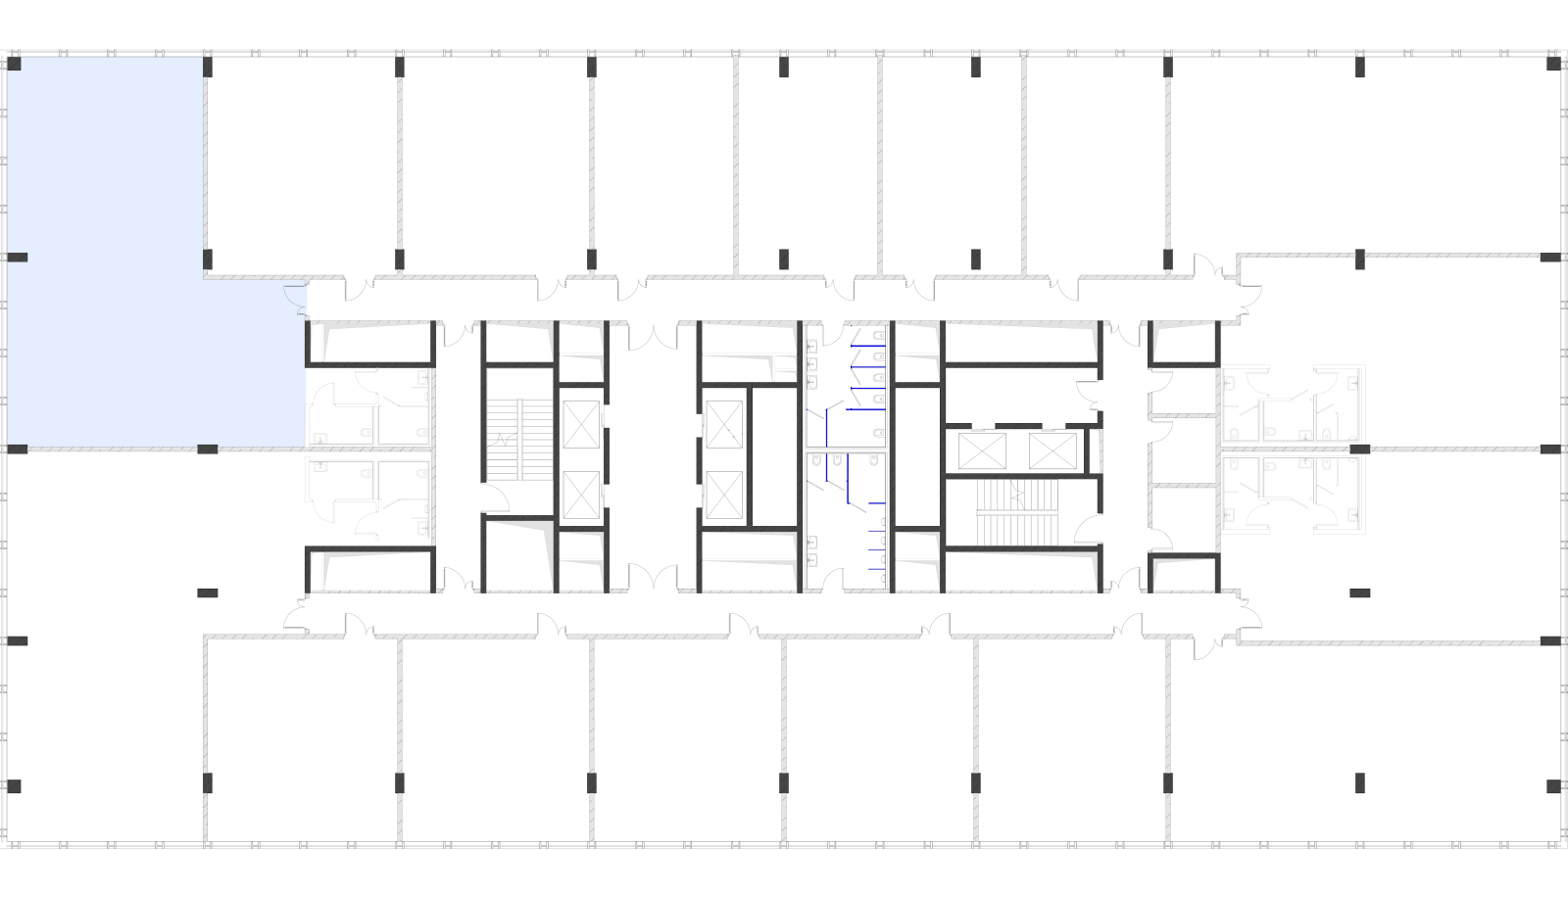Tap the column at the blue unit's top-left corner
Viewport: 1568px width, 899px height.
tap(15, 64)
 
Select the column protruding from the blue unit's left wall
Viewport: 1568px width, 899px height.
tap(19, 258)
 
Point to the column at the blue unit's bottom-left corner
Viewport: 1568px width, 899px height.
tap(18, 449)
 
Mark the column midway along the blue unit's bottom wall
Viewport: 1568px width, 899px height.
tap(208, 449)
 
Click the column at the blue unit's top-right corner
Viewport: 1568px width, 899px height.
tap(208, 67)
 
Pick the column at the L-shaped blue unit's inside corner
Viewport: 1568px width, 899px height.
tap(208, 260)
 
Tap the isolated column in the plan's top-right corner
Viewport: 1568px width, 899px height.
tap(1553, 64)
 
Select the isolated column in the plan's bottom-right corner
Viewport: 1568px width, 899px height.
tap(1553, 786)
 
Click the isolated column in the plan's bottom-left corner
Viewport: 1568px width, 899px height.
tap(15, 786)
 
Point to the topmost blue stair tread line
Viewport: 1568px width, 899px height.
tap(867, 346)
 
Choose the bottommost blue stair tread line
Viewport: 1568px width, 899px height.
tap(876, 568)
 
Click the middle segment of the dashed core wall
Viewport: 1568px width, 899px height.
tap(1018, 426)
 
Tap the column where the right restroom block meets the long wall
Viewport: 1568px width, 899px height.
tap(1359, 449)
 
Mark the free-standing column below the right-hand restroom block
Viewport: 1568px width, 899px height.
tap(1359, 592)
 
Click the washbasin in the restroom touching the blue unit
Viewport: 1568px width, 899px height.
tap(319, 438)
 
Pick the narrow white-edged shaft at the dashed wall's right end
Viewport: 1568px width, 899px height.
tap(1094, 451)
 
